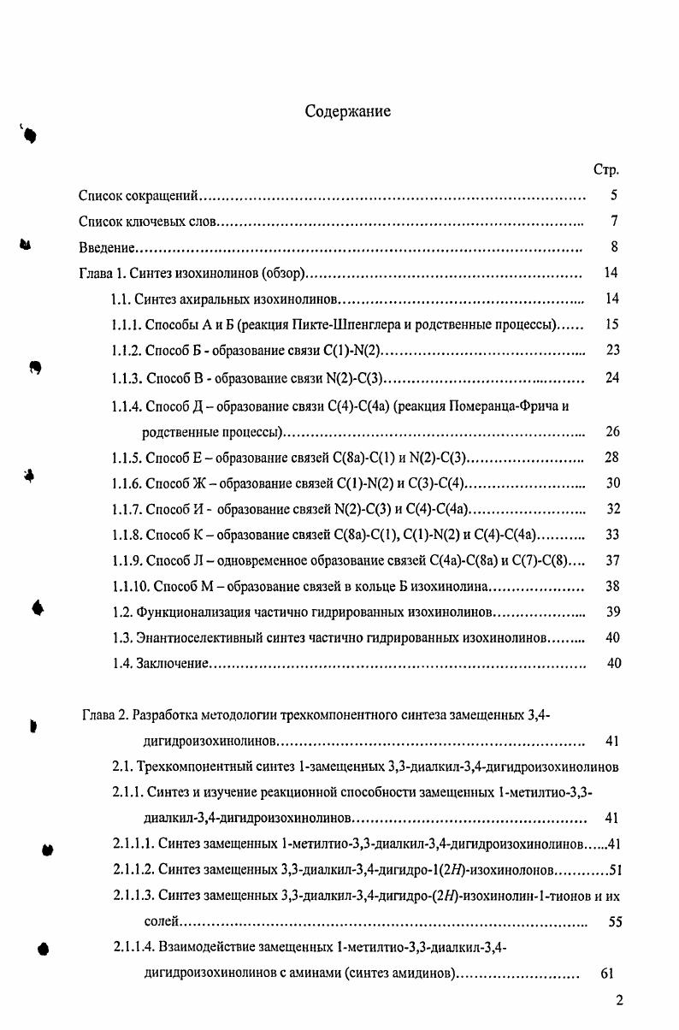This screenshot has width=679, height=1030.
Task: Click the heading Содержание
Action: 348,112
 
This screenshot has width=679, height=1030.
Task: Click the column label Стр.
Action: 605,170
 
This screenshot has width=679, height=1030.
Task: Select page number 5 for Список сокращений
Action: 614,196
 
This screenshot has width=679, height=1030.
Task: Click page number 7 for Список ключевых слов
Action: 614,222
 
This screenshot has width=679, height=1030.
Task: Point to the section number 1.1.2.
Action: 127,351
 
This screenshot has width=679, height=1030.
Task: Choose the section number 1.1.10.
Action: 130,587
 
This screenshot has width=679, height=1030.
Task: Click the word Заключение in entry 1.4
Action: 173,664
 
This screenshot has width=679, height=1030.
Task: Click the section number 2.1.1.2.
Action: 133,871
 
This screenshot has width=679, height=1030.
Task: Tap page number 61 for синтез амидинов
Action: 607,974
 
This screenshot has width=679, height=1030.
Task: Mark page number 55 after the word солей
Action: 614,923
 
